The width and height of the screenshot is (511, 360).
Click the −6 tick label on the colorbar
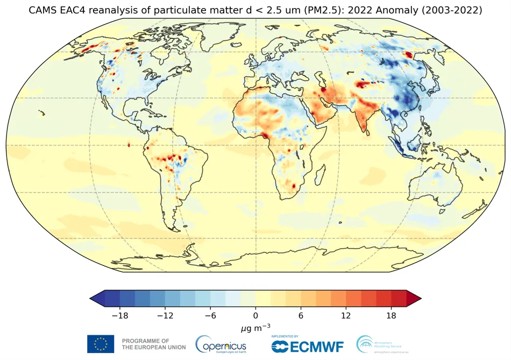pyautogui.click(x=210, y=315)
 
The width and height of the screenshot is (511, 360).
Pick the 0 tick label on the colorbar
pyautogui.click(x=256, y=315)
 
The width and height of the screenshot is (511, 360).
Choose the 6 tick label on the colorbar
pyautogui.click(x=301, y=315)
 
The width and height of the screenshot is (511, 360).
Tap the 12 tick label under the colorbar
pyautogui.click(x=345, y=315)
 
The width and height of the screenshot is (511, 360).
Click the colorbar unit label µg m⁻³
pyautogui.click(x=256, y=328)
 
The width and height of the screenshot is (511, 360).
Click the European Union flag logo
pyautogui.click(x=101, y=344)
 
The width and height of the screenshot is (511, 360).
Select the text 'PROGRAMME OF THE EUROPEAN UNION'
pyautogui.click(x=153, y=344)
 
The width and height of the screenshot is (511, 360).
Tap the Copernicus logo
pyautogui.click(x=221, y=344)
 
